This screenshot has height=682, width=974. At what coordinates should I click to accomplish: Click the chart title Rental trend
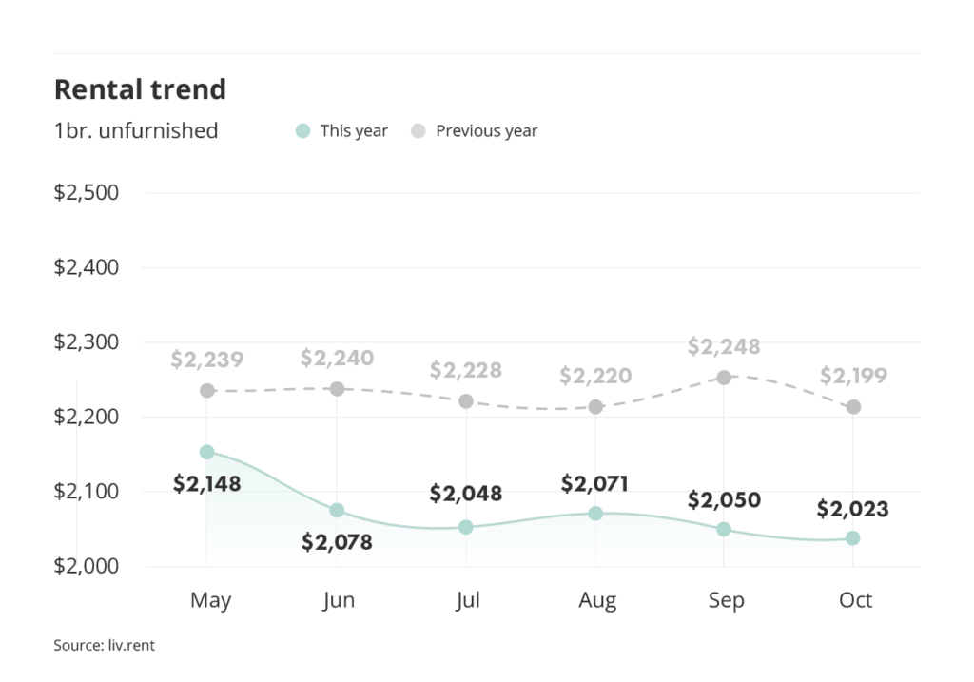[140, 89]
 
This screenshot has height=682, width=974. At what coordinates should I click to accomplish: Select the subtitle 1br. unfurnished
[136, 130]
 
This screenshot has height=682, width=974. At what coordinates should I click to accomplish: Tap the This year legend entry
[342, 131]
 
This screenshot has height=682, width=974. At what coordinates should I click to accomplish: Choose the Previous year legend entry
[475, 131]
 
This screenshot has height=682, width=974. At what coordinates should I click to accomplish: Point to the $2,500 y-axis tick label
[86, 193]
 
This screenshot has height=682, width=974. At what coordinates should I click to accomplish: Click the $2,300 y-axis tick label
[86, 342]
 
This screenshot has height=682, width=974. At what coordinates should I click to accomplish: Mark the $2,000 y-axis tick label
[86, 566]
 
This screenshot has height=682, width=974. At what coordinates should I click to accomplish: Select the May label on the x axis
[210, 600]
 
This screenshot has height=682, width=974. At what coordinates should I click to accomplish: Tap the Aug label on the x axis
[597, 600]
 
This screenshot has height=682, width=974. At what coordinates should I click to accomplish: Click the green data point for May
[207, 452]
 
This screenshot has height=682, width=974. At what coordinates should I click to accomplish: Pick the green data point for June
[337, 511]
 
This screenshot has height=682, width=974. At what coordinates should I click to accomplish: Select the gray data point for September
[724, 378]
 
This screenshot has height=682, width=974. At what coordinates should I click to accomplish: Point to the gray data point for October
[853, 407]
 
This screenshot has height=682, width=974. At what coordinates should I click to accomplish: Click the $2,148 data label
[207, 483]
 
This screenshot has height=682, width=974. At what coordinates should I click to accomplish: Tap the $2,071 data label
[594, 483]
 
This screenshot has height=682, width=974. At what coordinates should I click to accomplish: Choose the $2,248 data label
[724, 347]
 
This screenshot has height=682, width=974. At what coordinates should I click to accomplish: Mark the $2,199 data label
[853, 377]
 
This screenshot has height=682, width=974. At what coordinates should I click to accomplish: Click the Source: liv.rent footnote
[104, 646]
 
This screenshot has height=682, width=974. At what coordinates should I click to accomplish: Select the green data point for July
[466, 527]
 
